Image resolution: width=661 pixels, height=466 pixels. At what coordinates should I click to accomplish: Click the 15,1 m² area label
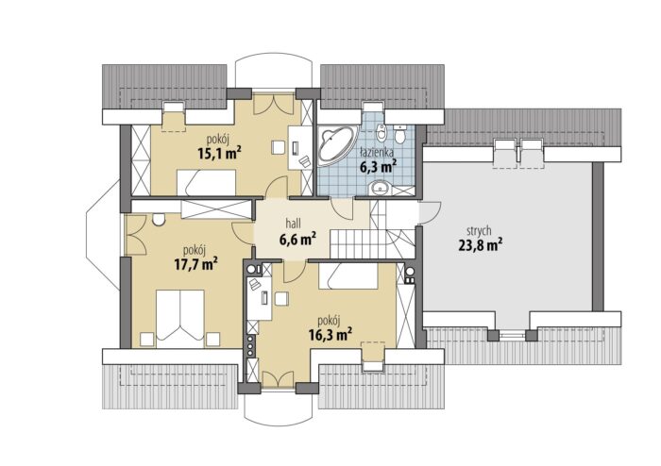(219, 153)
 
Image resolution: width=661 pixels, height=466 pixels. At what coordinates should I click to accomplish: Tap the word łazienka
(377, 152)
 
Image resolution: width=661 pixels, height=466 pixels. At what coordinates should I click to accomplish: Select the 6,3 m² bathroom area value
(378, 167)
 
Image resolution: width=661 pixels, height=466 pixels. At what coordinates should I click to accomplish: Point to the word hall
(294, 223)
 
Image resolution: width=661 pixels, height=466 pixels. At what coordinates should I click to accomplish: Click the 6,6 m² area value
(298, 239)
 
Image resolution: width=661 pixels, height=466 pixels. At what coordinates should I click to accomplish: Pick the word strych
(479, 231)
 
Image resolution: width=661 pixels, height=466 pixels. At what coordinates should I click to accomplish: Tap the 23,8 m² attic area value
(480, 245)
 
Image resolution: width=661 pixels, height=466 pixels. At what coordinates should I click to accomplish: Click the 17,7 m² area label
(195, 264)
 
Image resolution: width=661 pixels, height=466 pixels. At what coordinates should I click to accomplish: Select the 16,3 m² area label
(330, 335)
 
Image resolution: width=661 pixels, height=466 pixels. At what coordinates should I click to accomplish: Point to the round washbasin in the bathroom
(381, 188)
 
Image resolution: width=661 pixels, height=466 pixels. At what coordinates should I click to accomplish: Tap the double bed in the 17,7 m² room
(180, 318)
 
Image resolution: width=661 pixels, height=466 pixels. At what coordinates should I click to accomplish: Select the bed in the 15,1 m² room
(206, 183)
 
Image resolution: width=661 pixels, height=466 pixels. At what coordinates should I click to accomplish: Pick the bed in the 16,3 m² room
(347, 275)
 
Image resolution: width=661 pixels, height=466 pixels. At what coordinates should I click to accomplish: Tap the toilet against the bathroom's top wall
(399, 133)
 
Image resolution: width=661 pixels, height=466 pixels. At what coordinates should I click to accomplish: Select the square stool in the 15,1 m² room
(279, 147)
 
